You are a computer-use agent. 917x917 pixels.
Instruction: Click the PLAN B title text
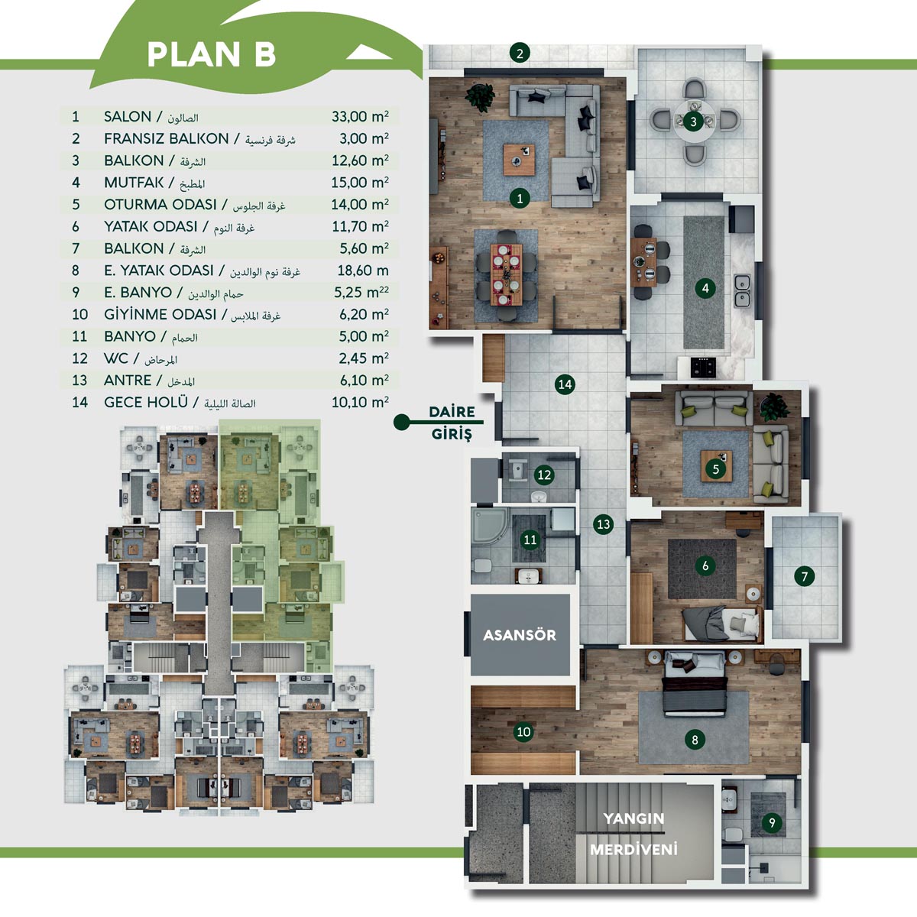211,54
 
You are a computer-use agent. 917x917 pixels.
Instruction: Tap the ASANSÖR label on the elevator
520,635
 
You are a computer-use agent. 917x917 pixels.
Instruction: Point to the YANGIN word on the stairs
633,818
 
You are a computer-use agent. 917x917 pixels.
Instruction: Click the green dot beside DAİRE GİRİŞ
402,422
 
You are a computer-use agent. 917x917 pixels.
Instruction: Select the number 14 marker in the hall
565,384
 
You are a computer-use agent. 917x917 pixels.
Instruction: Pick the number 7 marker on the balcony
804,577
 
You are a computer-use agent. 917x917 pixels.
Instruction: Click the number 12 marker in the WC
544,475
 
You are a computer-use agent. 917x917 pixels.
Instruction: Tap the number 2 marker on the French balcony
520,53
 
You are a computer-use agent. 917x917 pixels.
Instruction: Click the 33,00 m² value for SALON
360,116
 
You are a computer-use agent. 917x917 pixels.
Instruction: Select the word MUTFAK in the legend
134,183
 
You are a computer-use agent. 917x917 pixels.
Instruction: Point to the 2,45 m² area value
364,358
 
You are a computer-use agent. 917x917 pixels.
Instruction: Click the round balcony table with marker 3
693,122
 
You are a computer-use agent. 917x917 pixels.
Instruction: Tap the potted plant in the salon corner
480,98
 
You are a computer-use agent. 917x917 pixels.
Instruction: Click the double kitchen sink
742,290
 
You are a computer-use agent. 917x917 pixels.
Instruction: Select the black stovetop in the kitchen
703,367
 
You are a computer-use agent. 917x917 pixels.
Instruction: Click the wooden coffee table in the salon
519,160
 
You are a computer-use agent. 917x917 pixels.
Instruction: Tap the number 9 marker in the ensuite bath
771,822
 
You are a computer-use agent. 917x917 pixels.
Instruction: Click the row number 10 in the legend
80,315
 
